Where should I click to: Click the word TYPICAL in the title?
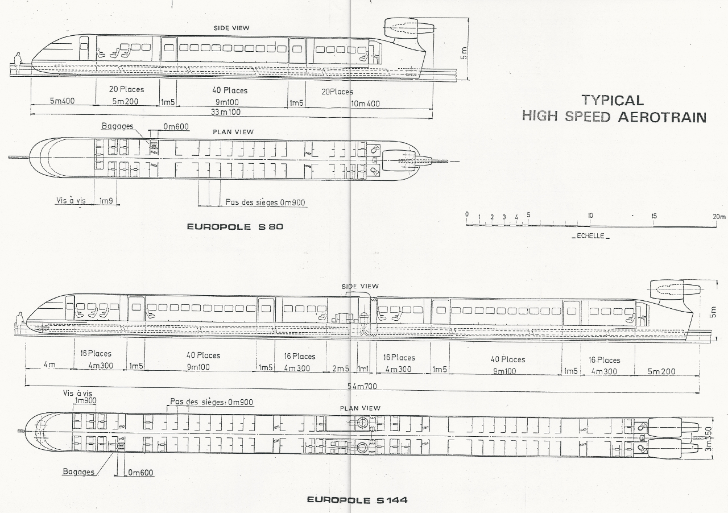[613, 100]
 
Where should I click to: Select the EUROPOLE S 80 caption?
[235, 226]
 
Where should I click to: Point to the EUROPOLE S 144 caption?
[357, 500]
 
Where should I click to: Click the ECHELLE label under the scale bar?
[590, 236]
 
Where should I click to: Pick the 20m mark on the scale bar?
[719, 216]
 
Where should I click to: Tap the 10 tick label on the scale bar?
[590, 216]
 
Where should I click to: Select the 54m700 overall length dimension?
[362, 387]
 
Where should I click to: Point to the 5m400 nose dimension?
[62, 101]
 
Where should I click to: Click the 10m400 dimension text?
[366, 104]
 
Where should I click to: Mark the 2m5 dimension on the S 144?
[341, 369]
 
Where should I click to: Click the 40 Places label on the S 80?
[230, 90]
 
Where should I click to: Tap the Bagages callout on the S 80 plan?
[118, 126]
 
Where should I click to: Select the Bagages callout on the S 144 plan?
[78, 472]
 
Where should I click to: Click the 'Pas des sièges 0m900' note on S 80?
[266, 202]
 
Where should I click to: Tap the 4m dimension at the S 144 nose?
[49, 365]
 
